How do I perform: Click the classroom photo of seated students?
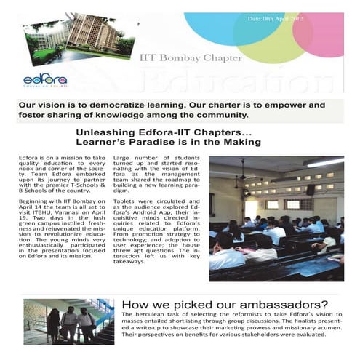[276, 218]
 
